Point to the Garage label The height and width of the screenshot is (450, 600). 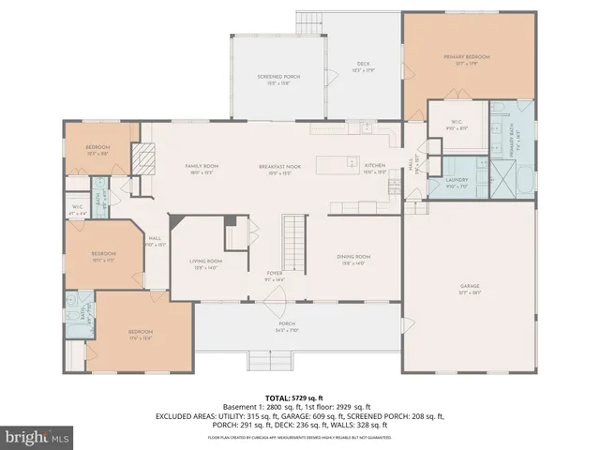[469, 288]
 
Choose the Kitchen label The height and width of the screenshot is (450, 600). [375, 169]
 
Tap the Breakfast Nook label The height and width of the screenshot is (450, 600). [280, 169]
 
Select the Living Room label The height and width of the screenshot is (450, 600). [205, 263]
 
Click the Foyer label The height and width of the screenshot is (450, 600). [275, 276]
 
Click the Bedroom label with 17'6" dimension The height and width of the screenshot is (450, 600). [140, 335]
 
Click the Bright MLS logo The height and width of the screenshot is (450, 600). [37, 437]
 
